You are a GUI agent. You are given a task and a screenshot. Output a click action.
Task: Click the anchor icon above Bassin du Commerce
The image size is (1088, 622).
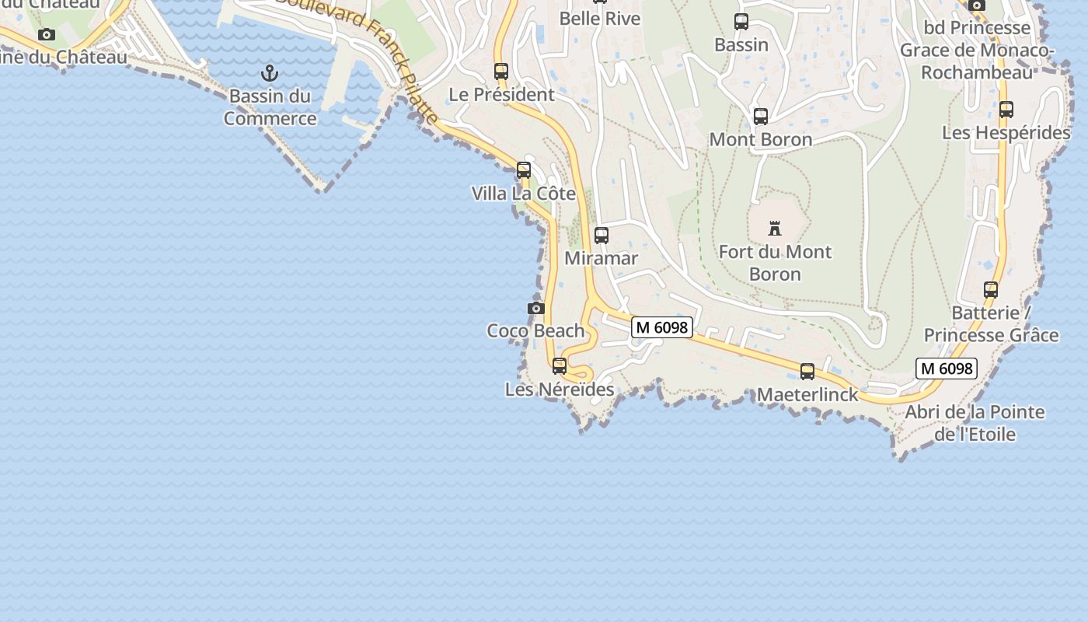pos(270,73)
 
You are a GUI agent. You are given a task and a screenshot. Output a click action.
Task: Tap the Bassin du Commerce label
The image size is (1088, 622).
pos(270,107)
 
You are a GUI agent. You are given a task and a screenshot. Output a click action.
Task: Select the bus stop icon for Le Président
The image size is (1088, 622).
pos(501,72)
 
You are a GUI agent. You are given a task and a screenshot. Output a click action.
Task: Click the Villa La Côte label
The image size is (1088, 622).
pos(523,194)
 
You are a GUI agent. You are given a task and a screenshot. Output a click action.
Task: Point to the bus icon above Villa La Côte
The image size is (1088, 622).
pos(524,169)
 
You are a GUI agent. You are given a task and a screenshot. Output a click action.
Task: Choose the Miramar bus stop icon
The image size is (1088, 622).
pos(601,235)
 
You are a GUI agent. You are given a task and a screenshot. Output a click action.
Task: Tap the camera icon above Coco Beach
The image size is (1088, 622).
pos(535,309)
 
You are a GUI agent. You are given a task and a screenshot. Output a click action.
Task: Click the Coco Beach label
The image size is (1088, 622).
pos(535,330)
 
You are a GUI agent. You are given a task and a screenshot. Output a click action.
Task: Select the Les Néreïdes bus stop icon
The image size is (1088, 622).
pos(560,365)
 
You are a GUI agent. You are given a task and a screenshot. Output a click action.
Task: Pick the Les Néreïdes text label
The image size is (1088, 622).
pos(560,390)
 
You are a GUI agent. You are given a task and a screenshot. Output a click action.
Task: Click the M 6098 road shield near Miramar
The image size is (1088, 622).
pos(661,327)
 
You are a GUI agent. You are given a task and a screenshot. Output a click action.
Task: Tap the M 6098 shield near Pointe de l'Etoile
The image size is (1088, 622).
pos(946,369)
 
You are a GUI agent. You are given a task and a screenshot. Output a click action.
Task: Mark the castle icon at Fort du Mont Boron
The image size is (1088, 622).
pos(775,229)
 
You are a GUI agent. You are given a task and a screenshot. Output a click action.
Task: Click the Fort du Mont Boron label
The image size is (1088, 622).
pos(775,263)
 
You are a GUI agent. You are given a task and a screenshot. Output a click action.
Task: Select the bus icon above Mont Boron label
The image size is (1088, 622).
pos(761,117)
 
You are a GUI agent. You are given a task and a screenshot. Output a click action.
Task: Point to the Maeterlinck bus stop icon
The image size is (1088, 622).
pos(807,372)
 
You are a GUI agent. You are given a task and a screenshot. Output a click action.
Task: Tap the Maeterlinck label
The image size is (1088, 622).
pos(807,395)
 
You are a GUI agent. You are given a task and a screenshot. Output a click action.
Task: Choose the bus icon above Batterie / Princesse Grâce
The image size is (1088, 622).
pos(991,290)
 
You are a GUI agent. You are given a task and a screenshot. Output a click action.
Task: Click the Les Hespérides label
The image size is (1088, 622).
pos(1006,133)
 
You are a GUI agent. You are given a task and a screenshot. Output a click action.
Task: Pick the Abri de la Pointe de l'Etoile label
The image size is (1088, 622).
pos(975,423)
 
